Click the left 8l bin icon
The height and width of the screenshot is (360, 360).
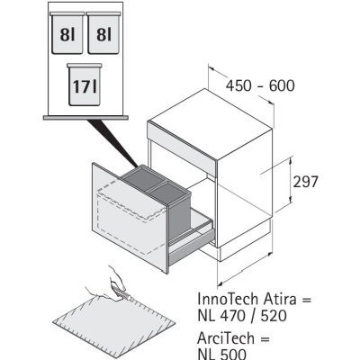tap(67, 33)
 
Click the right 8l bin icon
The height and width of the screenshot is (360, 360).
tap(103, 33)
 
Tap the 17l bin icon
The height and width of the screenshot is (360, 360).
tap(85, 85)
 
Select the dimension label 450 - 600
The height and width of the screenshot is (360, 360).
tap(260, 85)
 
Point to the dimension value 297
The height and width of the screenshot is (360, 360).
tap(305, 182)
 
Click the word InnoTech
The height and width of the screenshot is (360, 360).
tap(228, 299)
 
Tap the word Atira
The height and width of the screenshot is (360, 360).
tap(280, 299)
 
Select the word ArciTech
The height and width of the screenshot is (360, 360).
tap(226, 338)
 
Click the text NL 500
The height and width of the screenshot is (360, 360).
tap(222, 354)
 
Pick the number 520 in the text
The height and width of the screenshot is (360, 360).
tap(274, 316)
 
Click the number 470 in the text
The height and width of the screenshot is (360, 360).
tap(234, 316)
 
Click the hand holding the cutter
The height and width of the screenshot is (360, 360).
tap(113, 283)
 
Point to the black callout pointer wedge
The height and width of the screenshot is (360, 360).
tap(112, 143)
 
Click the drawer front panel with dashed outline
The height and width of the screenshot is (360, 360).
tap(130, 218)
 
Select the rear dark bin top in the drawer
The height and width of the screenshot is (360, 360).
tap(144, 176)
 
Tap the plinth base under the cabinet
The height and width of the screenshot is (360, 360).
tap(246, 243)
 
